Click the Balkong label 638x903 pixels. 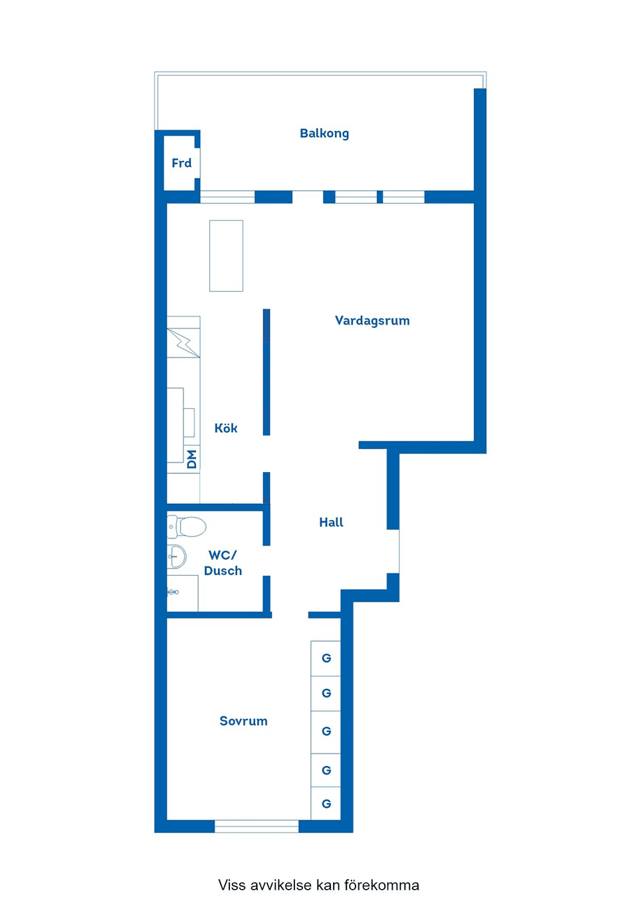[x=324, y=133]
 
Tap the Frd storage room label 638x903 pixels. [x=181, y=163]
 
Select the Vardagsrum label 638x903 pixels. [x=372, y=321]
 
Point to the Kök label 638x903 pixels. [x=226, y=428]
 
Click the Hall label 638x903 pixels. [x=331, y=523]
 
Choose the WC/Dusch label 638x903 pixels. [x=223, y=563]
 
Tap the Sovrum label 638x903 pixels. [x=243, y=721]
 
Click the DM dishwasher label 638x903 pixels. [x=192, y=459]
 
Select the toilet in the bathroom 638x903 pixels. [x=187, y=527]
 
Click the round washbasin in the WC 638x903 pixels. [x=176, y=556]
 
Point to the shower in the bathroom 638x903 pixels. [x=182, y=592]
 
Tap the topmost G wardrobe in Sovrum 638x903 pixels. [x=326, y=658]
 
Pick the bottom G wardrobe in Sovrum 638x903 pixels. [x=326, y=804]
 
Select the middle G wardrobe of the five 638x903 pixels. [x=326, y=731]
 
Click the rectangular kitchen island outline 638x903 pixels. [x=226, y=256]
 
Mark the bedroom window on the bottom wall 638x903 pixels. [x=257, y=827]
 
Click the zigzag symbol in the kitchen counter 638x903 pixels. [x=184, y=343]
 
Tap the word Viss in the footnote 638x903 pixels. [x=232, y=885]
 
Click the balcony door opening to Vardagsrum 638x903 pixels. [x=308, y=197]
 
